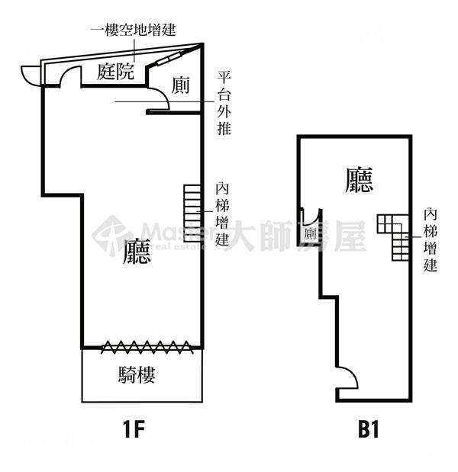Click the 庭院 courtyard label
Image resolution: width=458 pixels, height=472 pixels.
click(116, 72)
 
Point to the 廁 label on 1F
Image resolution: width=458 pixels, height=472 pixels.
click(181, 85)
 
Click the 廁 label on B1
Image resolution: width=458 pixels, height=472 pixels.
click(311, 234)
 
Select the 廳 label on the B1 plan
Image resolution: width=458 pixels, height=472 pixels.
click(359, 180)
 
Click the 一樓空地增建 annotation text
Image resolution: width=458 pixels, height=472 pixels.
click(134, 31)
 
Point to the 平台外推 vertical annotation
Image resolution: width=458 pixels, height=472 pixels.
click(224, 103)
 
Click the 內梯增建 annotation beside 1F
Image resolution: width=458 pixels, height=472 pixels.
click(223, 214)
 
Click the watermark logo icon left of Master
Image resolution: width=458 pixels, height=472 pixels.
click(111, 235)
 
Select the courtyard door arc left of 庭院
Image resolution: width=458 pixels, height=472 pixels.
click(71, 75)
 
